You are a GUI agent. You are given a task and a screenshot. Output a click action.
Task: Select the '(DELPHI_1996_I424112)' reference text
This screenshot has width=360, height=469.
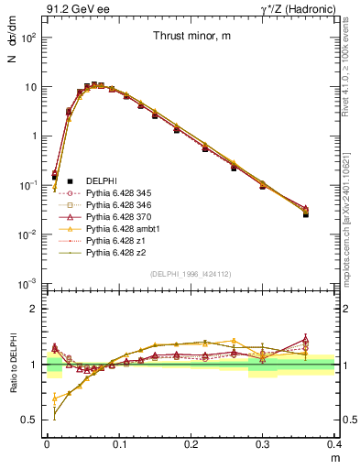pyautogui.click(x=191, y=274)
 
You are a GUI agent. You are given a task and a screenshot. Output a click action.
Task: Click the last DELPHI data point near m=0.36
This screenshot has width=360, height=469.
pyautogui.click(x=306, y=213)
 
